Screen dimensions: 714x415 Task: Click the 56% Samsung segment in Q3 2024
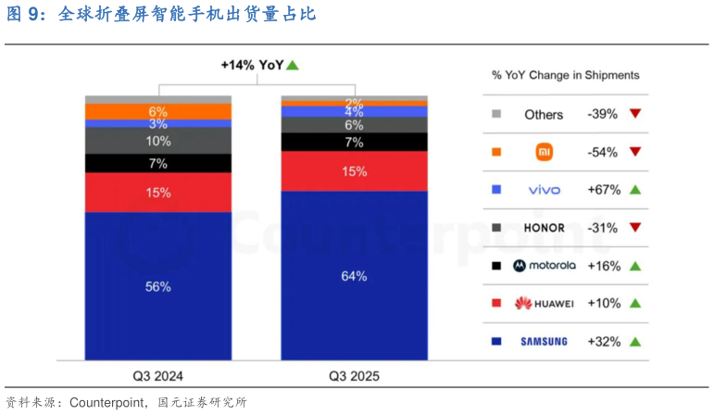pyautogui.click(x=158, y=286)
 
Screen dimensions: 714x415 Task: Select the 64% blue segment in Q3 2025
pyautogui.click(x=355, y=276)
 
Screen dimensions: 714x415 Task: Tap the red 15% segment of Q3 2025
pyautogui.click(x=355, y=171)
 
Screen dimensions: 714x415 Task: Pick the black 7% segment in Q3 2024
pyautogui.click(x=158, y=163)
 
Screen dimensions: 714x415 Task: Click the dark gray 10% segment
pyautogui.click(x=158, y=141)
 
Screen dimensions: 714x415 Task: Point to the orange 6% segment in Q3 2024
pyautogui.click(x=158, y=111)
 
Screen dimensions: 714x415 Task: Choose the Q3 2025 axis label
pyautogui.click(x=355, y=376)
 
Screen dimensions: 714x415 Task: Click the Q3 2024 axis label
pyautogui.click(x=158, y=376)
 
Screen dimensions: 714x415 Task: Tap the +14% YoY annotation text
pyautogui.click(x=252, y=65)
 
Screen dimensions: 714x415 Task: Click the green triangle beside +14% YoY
pyautogui.click(x=293, y=66)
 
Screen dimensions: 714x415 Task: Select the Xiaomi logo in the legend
pyautogui.click(x=545, y=152)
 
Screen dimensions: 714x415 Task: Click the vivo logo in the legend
pyautogui.click(x=545, y=190)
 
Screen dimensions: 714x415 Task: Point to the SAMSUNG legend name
pyautogui.click(x=545, y=342)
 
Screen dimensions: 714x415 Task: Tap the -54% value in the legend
pyautogui.click(x=603, y=152)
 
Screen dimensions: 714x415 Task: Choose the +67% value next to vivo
pyautogui.click(x=604, y=190)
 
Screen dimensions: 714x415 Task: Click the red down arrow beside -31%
pyautogui.click(x=635, y=227)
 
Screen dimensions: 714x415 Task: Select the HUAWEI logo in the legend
pyautogui.click(x=545, y=304)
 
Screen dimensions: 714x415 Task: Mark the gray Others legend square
pyautogui.click(x=496, y=114)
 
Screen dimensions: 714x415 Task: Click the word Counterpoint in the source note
pyautogui.click(x=106, y=403)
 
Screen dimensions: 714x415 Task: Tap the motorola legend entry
pyautogui.click(x=545, y=266)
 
